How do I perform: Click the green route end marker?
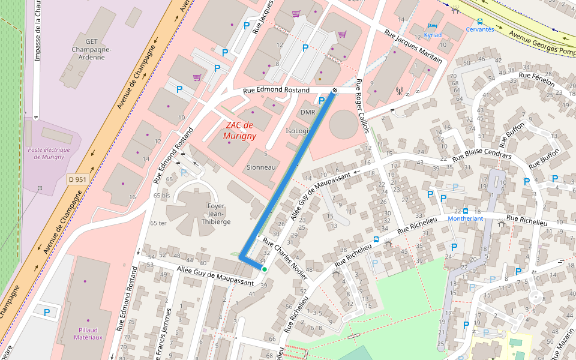(x=264, y=269)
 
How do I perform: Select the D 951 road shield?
(x=77, y=179)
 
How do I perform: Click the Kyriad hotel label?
(x=432, y=35)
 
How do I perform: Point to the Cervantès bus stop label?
(x=480, y=29)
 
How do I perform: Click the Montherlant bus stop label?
(x=465, y=218)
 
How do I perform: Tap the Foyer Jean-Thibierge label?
(x=215, y=214)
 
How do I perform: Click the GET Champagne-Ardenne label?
(x=87, y=49)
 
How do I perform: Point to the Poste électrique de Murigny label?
(x=49, y=153)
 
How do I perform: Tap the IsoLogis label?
(x=298, y=131)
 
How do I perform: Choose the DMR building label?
(x=308, y=112)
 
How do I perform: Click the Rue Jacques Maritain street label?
(x=413, y=47)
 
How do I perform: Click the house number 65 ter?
(x=158, y=223)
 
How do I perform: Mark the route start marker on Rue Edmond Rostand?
(x=334, y=91)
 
